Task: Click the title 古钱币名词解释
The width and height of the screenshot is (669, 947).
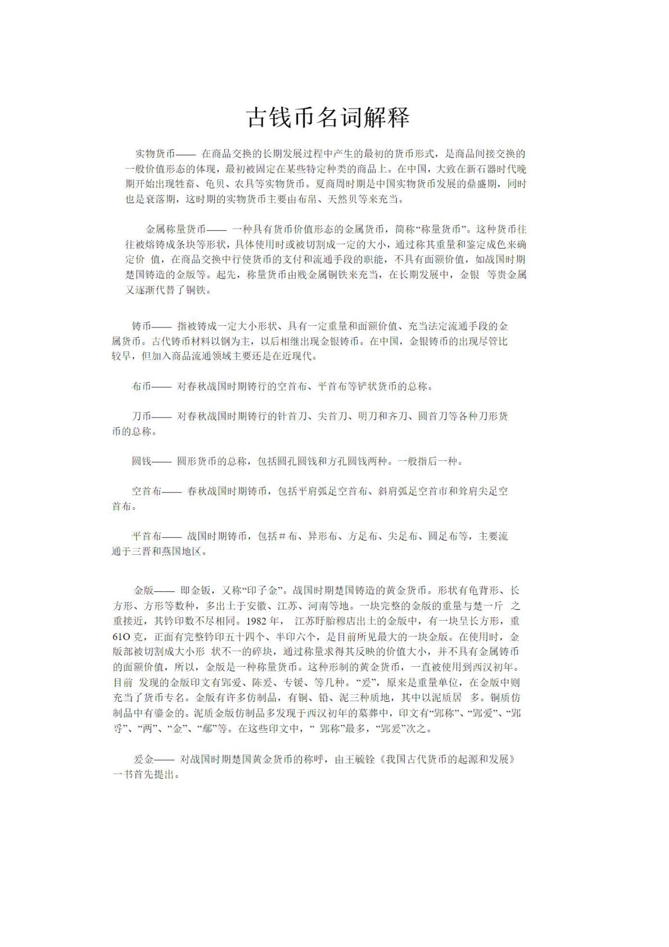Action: point(328,117)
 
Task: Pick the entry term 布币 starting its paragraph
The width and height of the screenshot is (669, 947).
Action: point(142,387)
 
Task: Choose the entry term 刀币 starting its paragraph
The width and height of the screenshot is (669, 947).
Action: point(142,416)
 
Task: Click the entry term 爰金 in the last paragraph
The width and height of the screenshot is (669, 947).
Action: point(143,759)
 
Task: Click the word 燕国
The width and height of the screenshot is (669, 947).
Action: point(171,551)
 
